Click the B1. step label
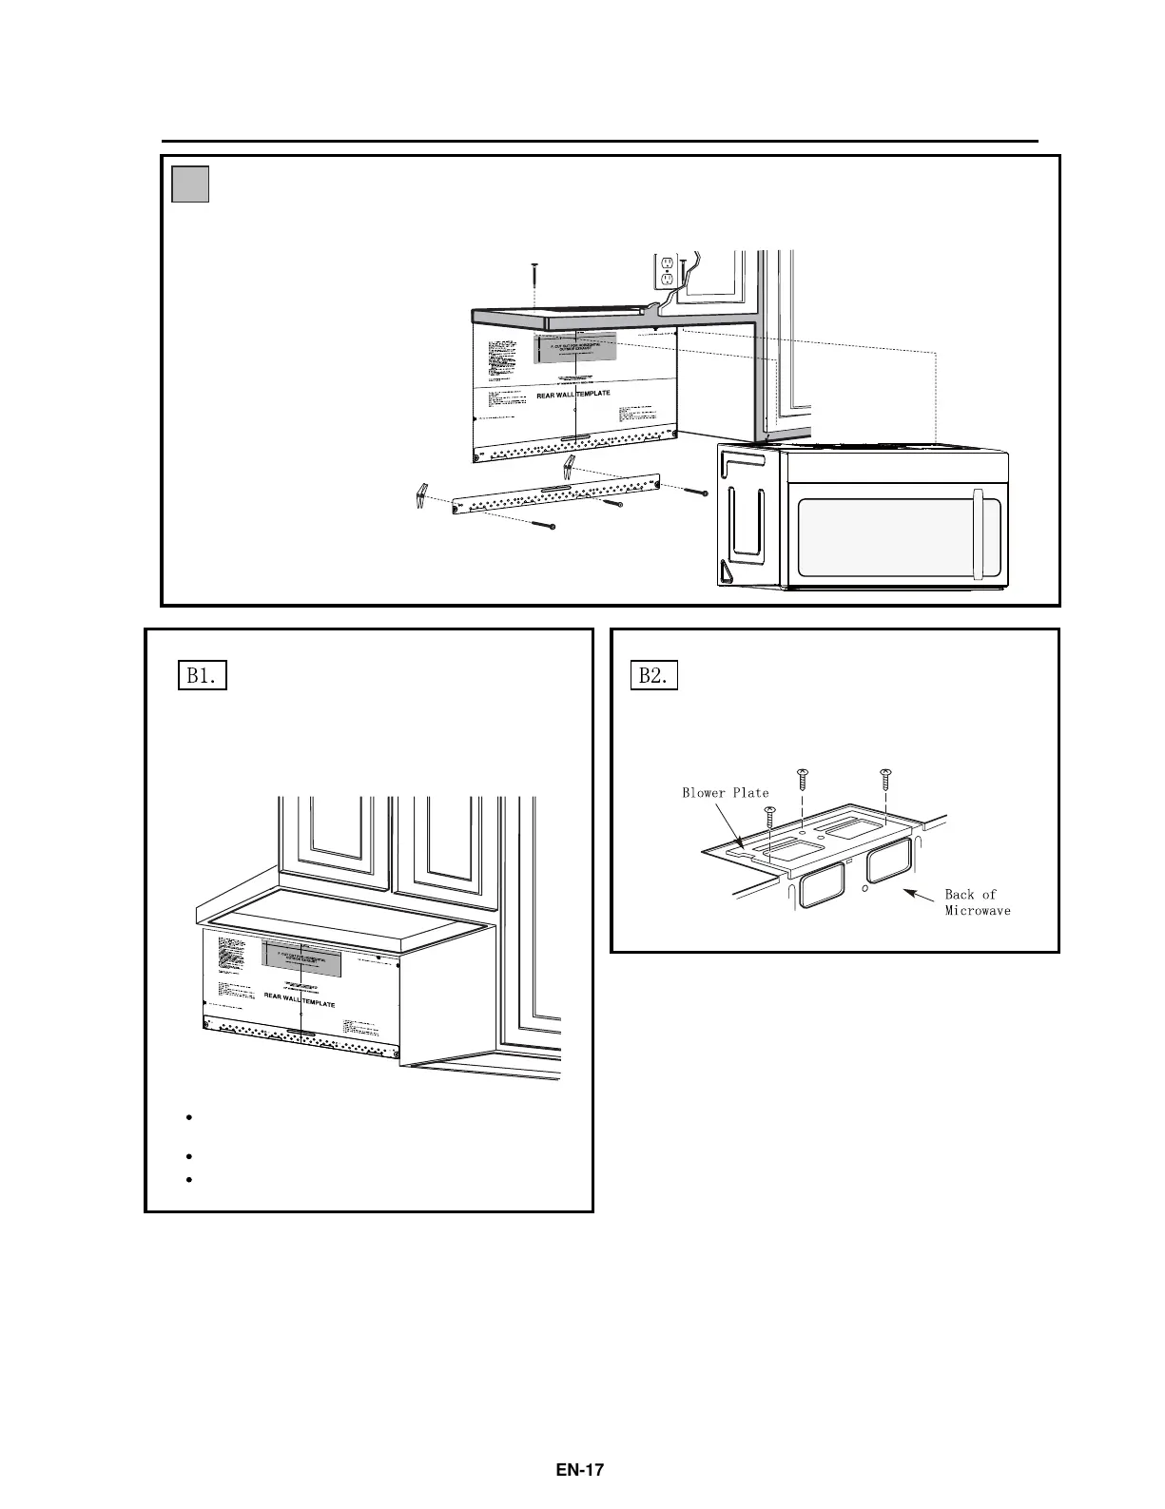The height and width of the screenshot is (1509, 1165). (203, 676)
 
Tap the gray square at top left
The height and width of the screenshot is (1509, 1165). (190, 184)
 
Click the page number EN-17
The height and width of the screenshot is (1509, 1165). (580, 1469)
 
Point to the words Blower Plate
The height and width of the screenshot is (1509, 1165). (725, 792)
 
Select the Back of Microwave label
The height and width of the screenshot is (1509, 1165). (977, 902)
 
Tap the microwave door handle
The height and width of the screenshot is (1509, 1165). (980, 532)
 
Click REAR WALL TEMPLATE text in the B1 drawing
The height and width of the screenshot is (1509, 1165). (300, 1003)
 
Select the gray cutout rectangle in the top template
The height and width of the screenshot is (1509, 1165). (577, 348)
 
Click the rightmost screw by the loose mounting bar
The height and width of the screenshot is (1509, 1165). (697, 492)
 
